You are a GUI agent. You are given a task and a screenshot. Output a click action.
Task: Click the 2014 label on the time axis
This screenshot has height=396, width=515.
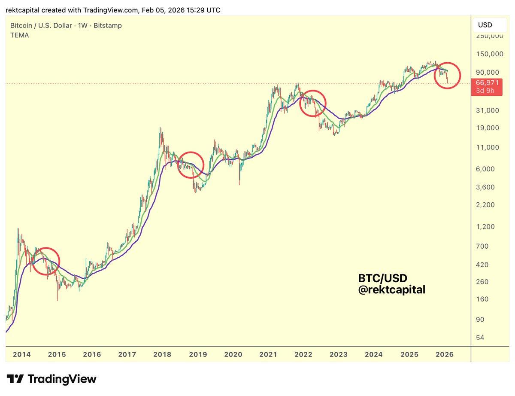[x=22, y=355]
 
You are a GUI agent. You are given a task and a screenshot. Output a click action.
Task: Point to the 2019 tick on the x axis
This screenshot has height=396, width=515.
[x=198, y=355]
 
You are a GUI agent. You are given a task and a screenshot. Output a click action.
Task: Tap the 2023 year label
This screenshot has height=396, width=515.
[x=339, y=355]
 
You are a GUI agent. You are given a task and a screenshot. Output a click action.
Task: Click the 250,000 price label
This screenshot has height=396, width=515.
[x=489, y=36]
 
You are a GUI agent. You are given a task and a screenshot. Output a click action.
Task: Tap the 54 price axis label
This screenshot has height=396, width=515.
[x=480, y=338]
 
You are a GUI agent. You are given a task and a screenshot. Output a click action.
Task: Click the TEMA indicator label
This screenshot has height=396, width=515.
[x=20, y=35]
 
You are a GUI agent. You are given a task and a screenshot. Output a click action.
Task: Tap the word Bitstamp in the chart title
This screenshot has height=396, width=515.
[x=108, y=26]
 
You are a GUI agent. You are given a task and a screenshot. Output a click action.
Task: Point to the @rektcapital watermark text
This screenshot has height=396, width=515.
[x=391, y=290]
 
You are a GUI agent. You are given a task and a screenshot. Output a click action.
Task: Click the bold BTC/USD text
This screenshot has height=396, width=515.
[x=382, y=278]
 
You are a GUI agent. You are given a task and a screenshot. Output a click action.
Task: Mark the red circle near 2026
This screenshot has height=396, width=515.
[x=447, y=76]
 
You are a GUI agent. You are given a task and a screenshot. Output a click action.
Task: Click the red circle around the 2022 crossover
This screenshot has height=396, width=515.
[x=312, y=104]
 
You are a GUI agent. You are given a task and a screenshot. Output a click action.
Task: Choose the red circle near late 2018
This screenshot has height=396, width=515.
[x=191, y=165]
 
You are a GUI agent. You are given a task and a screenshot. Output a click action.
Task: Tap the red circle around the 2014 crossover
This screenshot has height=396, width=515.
[x=46, y=261]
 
